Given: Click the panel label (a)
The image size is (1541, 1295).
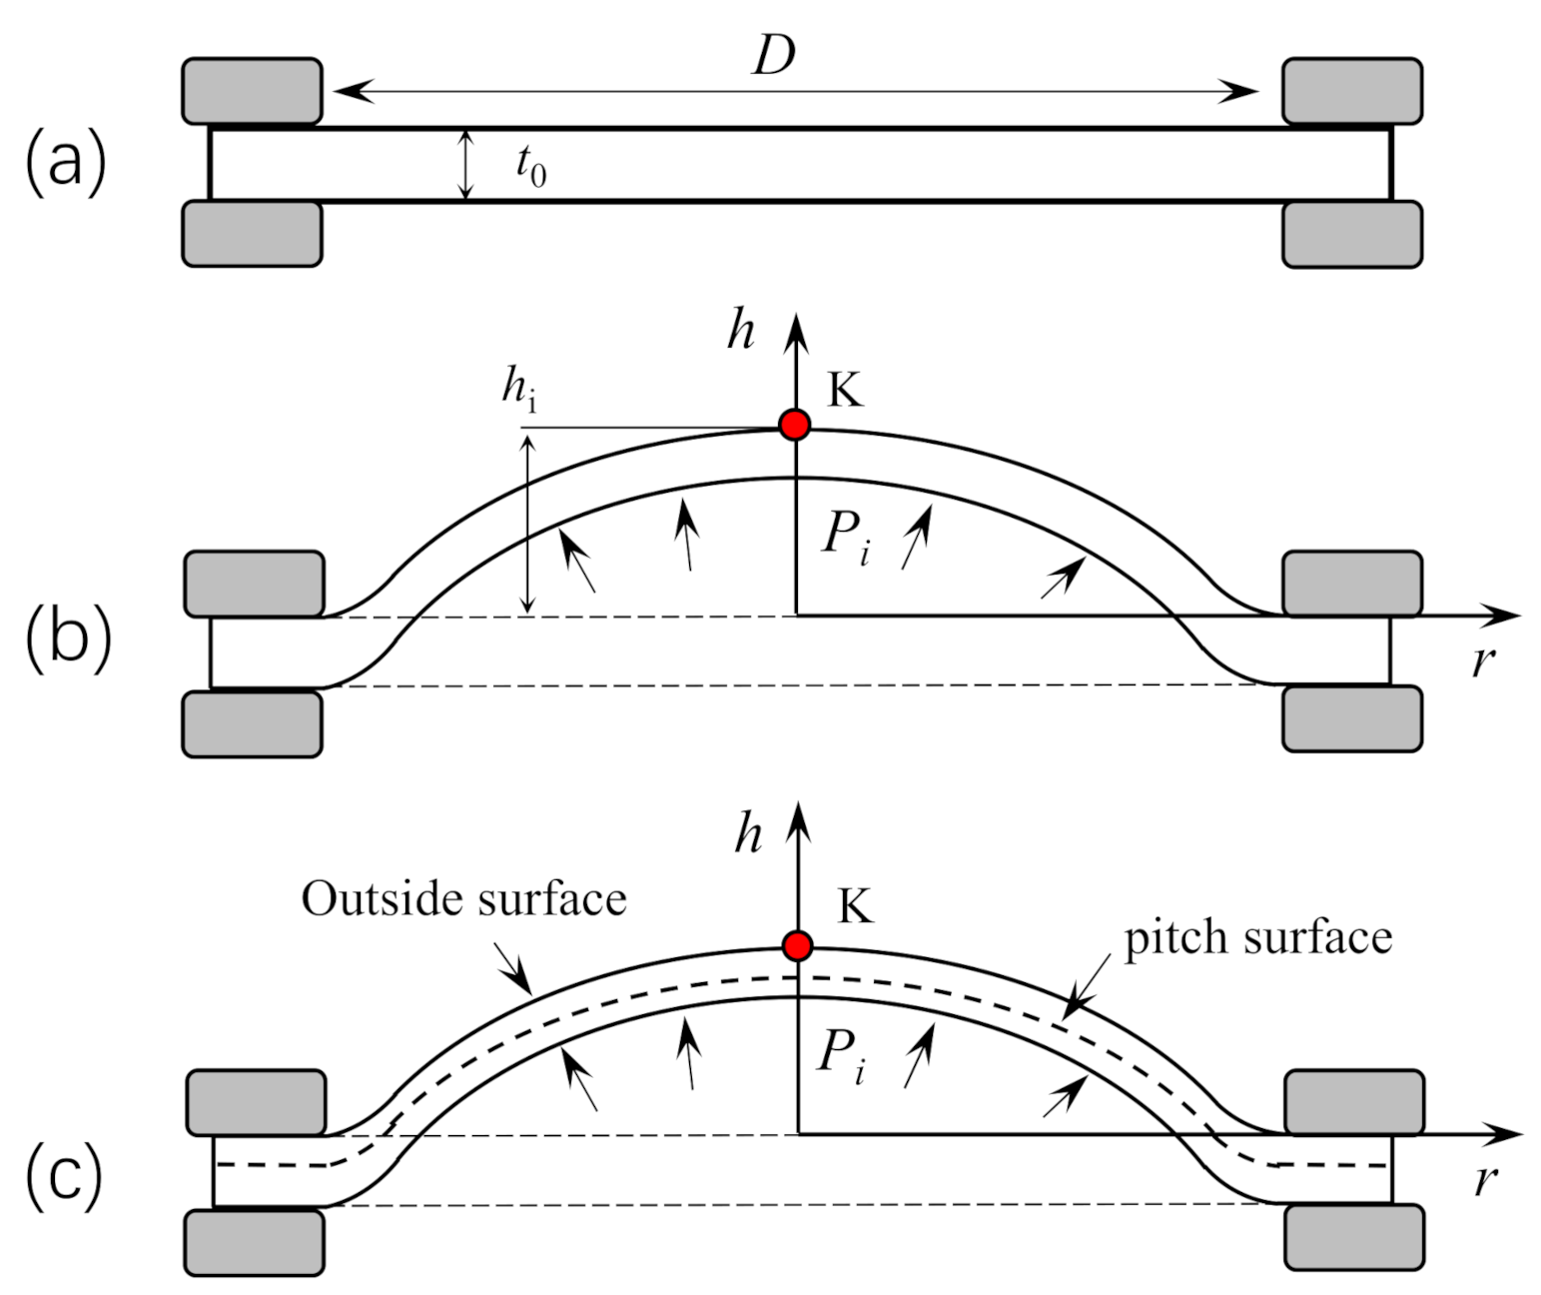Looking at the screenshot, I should [x=65, y=164].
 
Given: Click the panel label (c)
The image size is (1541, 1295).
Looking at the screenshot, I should [x=65, y=1176].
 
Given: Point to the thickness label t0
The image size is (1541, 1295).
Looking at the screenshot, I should [x=530, y=165].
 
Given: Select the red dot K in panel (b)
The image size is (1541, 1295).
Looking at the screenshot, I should [x=795, y=425].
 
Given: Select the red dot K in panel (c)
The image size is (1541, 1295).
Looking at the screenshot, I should [x=797, y=945].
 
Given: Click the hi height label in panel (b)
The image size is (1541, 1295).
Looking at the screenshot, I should [x=518, y=389].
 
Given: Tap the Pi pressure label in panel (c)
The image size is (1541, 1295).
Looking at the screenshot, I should [x=841, y=1056].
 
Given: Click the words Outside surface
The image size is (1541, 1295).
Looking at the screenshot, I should [x=463, y=899].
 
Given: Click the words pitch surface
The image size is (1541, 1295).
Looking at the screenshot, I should [x=1257, y=938].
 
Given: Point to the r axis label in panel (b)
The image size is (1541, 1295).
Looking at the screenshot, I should [x=1483, y=661].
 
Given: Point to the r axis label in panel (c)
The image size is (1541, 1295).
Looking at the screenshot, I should [x=1486, y=1180].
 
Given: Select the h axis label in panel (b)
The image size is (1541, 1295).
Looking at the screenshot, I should [x=740, y=331].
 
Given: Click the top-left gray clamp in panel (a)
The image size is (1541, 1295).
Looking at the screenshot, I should [x=252, y=91].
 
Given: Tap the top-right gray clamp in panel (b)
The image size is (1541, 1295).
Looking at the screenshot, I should [x=1352, y=583].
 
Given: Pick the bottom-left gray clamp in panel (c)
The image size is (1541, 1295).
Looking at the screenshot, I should [x=255, y=1242].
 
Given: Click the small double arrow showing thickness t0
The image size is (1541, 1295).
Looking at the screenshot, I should [x=464, y=165].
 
